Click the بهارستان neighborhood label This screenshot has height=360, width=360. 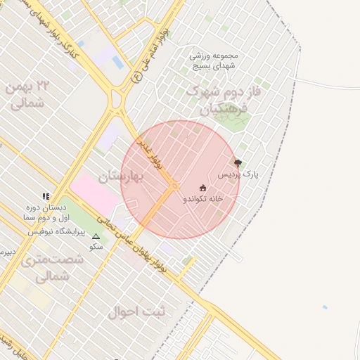tap(121, 176)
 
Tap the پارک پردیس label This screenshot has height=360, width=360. tap(238, 174)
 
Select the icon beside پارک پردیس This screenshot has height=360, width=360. tap(237, 163)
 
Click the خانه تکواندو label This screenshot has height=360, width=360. tap(203, 199)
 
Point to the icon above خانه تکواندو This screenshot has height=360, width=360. tap(203, 188)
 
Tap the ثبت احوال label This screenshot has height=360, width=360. tap(136, 311)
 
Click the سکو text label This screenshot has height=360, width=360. tap(96, 247)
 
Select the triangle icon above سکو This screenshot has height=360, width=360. tap(96, 237)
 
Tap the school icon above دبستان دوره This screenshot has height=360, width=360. tap(46, 197)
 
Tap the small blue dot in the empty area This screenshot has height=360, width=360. tap(324, 307)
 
